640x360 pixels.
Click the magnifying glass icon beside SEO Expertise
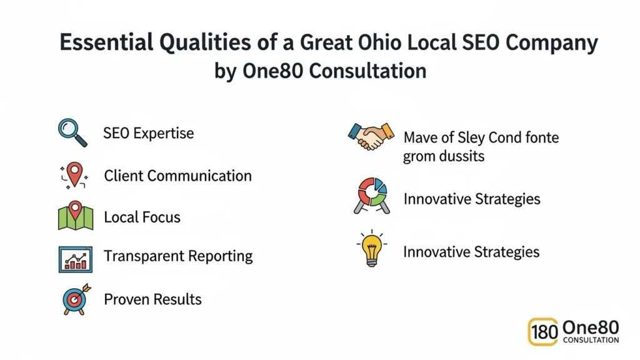pyautogui.click(x=71, y=132)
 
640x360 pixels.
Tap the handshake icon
pyautogui.click(x=371, y=136)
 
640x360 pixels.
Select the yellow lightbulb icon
pyautogui.click(x=371, y=249)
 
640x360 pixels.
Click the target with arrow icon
pyautogui.click(x=76, y=299)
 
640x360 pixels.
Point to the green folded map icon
pyautogui.click(x=75, y=216)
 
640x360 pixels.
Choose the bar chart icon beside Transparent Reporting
pyautogui.click(x=75, y=258)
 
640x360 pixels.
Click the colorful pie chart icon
pyautogui.click(x=371, y=194)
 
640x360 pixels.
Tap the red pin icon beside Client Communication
pyautogui.click(x=74, y=174)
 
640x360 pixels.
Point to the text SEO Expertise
pyautogui.click(x=149, y=133)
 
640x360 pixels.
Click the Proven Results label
pyautogui.click(x=152, y=299)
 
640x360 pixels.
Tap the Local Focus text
pyautogui.click(x=142, y=217)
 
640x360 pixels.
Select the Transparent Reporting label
pyautogui.click(x=178, y=256)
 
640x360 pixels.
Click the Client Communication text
pyautogui.click(x=177, y=176)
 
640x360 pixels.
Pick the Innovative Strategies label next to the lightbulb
pyautogui.click(x=471, y=252)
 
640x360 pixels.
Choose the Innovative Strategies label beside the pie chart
pyautogui.click(x=471, y=199)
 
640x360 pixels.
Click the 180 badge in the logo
pyautogui.click(x=544, y=332)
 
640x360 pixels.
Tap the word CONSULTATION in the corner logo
pyautogui.click(x=591, y=341)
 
